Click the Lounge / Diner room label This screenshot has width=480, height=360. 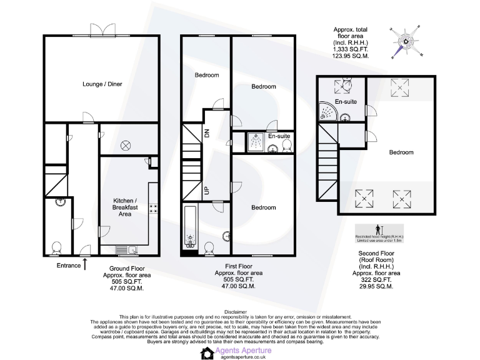click(102, 84)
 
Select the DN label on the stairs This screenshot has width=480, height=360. click(207, 132)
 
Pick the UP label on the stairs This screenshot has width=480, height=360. click(206, 190)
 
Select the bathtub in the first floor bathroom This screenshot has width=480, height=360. click(190, 229)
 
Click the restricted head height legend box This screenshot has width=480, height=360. click(380, 233)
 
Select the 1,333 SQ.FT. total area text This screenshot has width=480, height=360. click(351, 49)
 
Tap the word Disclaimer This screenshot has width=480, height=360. click(239, 311)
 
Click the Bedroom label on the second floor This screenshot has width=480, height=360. click(401, 152)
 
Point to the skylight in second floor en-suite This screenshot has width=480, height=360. click(344, 86)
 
